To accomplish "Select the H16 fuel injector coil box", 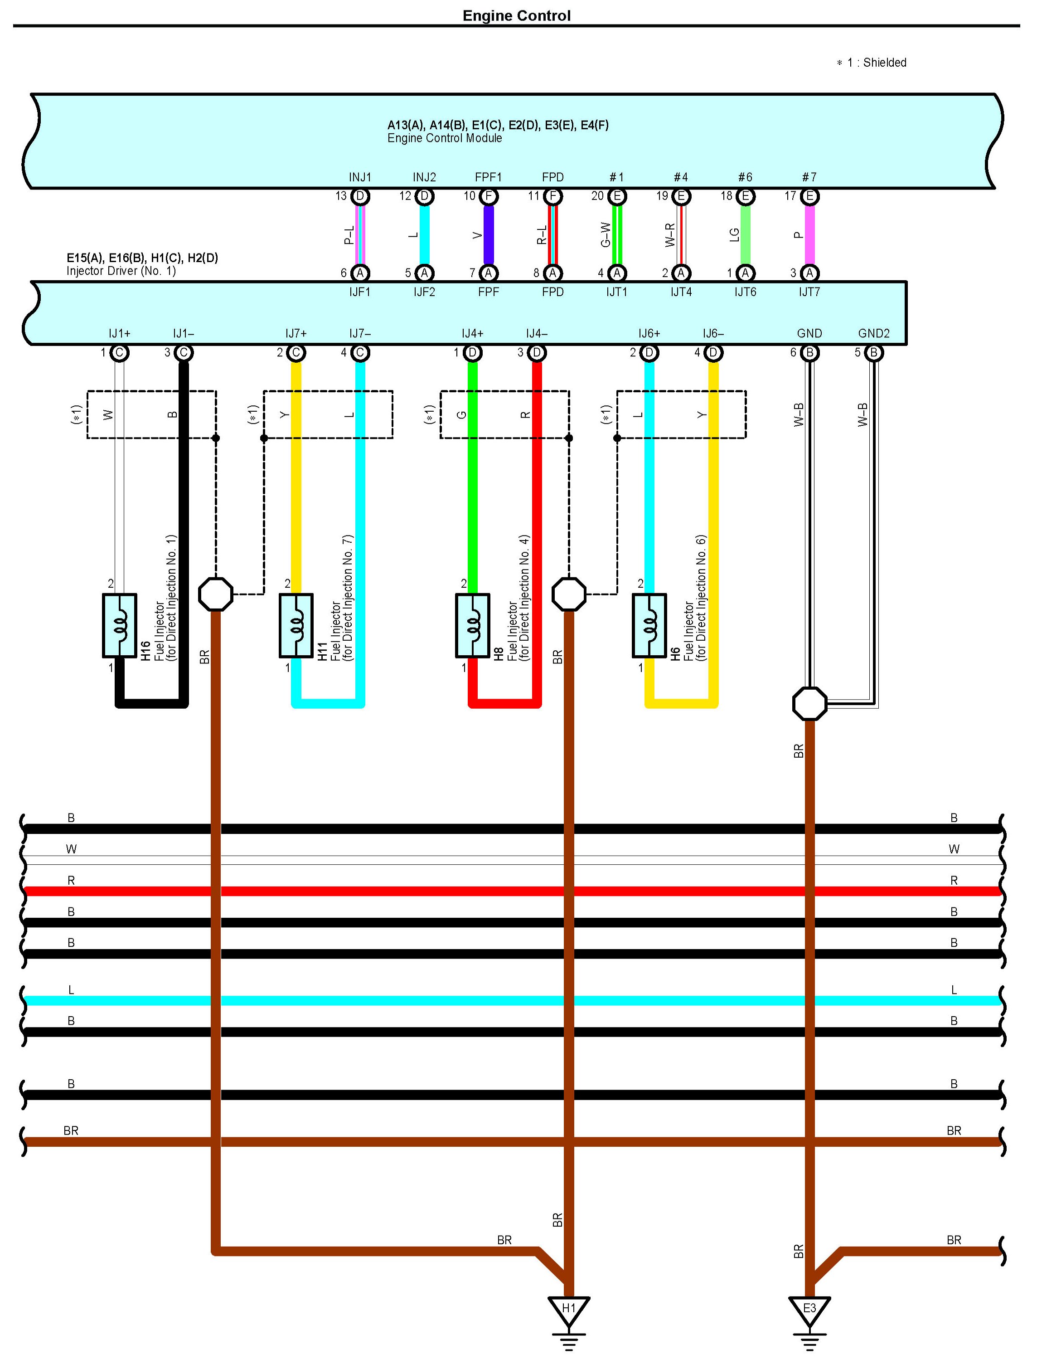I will pos(119,625).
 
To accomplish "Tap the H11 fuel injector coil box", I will pos(296,625).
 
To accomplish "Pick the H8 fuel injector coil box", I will pos(473,625).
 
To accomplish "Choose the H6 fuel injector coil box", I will pos(649,625).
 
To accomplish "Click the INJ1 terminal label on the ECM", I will pos(360,177).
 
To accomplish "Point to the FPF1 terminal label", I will pos(488,177).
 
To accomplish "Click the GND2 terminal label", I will pos(873,333).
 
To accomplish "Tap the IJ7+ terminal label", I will pos(296,333).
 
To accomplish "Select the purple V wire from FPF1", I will pos(488,234).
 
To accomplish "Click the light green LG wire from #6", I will pos(746,234).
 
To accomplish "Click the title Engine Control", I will pos(517,15).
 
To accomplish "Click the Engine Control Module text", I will pos(445,138).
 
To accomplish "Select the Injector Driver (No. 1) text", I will pos(121,270).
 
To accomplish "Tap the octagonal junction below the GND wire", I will pos(809,703).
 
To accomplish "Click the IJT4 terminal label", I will pos(681,292).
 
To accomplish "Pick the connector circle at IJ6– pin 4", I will pos(713,353).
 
